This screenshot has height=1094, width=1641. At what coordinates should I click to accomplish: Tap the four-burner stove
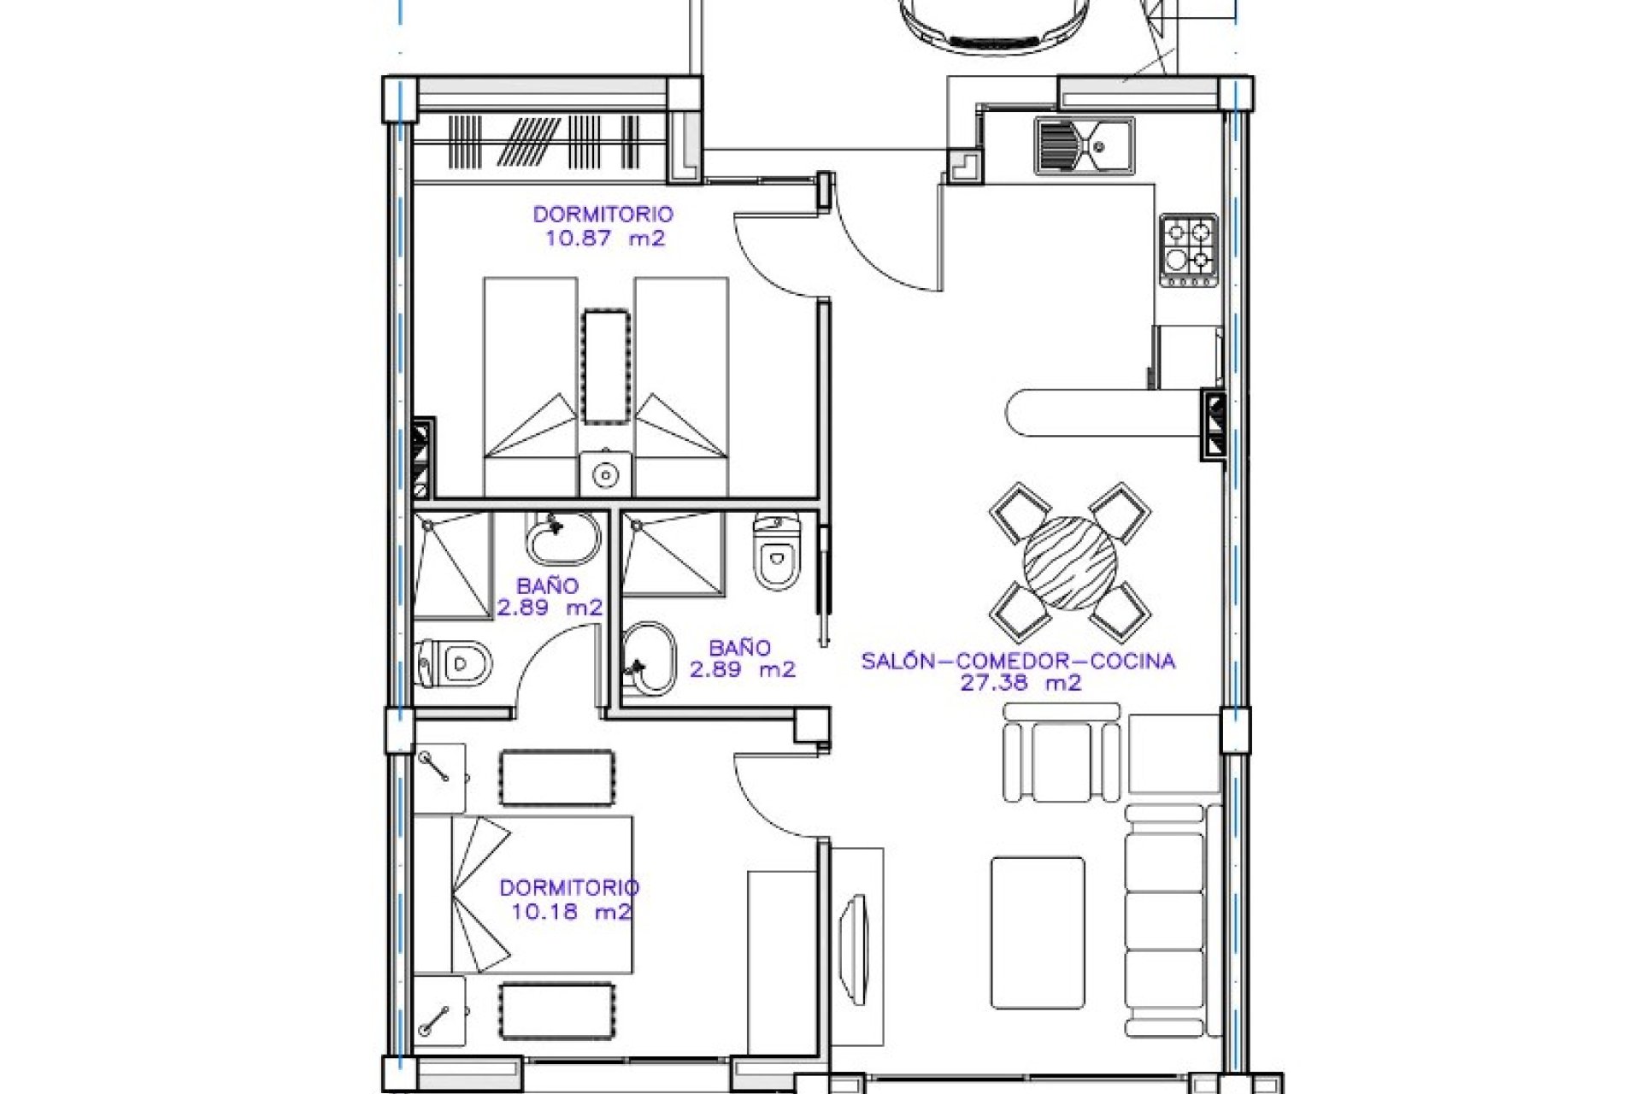coord(1189,250)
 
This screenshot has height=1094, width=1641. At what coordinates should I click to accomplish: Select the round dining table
coord(1069,562)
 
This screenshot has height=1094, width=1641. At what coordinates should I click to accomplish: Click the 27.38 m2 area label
coord(1020,683)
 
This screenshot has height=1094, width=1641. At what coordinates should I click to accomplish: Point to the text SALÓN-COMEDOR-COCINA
coord(1017,661)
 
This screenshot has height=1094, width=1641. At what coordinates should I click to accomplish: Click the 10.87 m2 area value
coord(604,238)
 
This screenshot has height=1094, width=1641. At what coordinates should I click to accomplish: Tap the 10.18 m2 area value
coord(570,911)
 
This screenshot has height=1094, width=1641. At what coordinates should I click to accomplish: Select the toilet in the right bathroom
coord(778,551)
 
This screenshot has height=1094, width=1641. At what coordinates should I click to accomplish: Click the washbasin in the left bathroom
coord(562,538)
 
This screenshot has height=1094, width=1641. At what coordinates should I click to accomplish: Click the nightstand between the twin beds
coord(606,474)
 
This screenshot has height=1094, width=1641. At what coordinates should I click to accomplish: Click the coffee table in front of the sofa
coord(1038,933)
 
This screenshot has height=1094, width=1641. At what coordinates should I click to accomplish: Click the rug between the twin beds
coord(606,366)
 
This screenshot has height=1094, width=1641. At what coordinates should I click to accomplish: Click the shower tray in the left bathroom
coord(452,565)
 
